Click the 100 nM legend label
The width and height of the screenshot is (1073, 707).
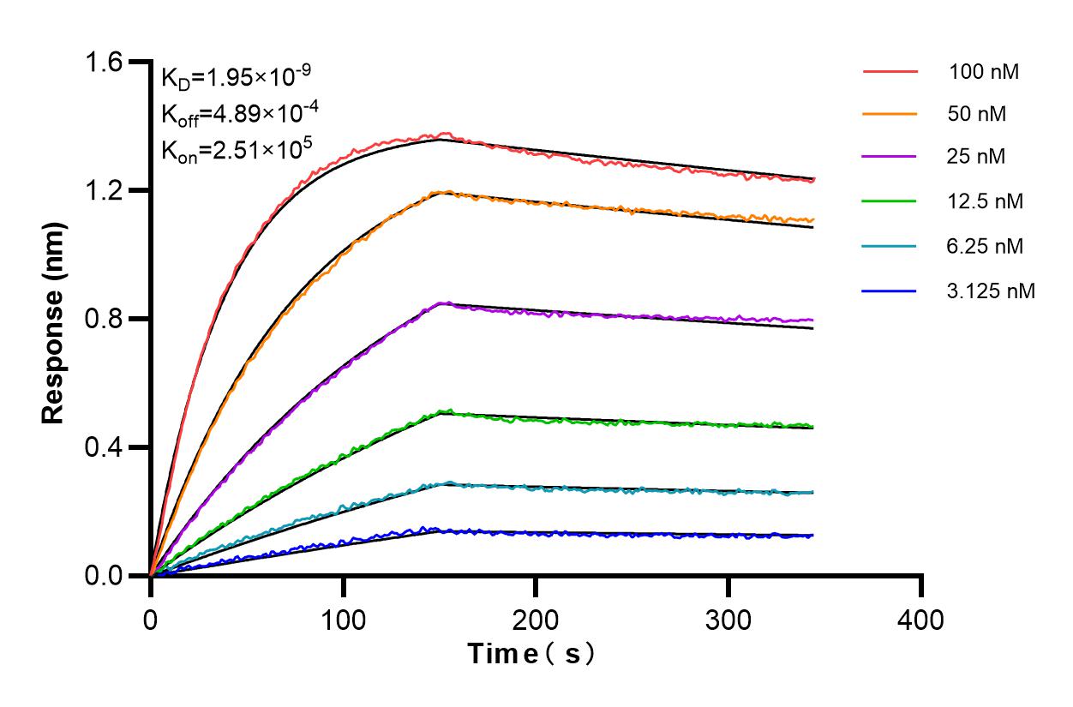[984, 72]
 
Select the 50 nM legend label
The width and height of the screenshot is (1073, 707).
[978, 114]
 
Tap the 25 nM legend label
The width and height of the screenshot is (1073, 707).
[978, 158]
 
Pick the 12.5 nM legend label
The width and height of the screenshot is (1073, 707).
[986, 202]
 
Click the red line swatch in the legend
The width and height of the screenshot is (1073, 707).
[890, 71]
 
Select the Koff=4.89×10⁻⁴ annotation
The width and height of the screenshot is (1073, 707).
[236, 113]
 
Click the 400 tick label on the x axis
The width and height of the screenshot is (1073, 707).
[921, 619]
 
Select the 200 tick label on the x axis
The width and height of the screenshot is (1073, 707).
[536, 619]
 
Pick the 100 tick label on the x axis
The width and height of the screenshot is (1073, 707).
[343, 619]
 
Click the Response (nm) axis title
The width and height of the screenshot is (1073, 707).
[55, 319]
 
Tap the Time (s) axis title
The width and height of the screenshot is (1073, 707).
[531, 655]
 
